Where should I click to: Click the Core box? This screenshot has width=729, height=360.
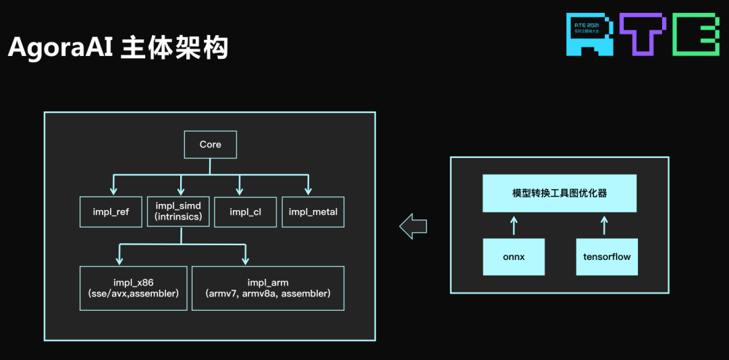(x=210, y=145)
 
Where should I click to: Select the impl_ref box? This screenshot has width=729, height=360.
(x=111, y=212)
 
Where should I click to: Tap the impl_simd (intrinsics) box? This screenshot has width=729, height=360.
(x=179, y=211)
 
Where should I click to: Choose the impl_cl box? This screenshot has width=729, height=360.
(x=245, y=212)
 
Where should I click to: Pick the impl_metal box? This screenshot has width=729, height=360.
(x=313, y=212)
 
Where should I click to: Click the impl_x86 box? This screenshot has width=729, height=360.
(x=133, y=288)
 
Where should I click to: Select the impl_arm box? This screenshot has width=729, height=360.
(x=268, y=288)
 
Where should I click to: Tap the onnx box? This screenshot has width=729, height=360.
(x=514, y=257)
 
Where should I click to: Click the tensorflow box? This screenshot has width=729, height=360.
(x=606, y=257)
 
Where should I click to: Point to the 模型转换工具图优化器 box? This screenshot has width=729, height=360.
(x=560, y=193)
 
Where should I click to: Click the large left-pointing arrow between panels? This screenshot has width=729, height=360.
(x=412, y=226)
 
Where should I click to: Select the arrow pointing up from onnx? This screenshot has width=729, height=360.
(x=514, y=225)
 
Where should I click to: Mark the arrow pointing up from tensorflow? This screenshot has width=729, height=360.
(x=606, y=225)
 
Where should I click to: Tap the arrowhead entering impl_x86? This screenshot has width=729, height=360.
(x=119, y=261)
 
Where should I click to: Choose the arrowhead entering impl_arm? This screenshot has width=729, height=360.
(x=245, y=261)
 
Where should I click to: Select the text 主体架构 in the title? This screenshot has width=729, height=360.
(x=174, y=49)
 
